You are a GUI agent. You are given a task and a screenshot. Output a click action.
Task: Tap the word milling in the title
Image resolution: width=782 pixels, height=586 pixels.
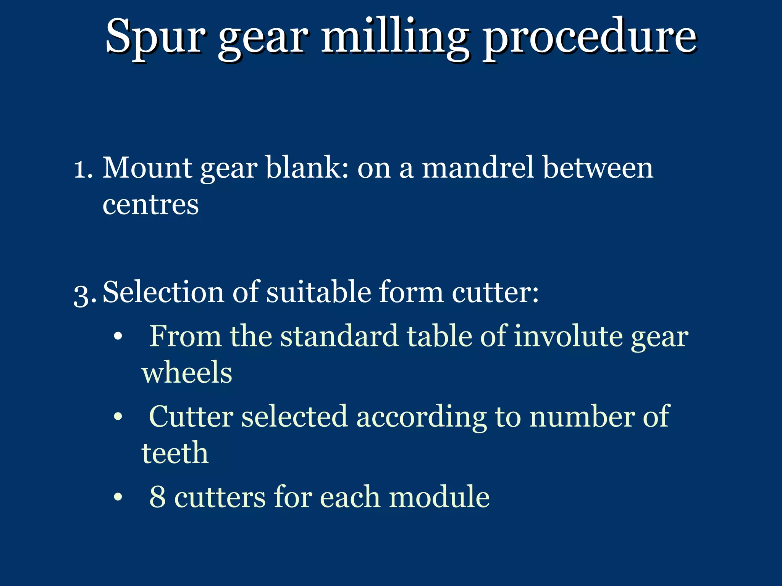tap(395, 38)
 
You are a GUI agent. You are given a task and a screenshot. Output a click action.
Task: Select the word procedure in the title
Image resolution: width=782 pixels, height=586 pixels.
tap(590, 38)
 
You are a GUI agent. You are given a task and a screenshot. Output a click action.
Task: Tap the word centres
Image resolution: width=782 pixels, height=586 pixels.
tap(150, 205)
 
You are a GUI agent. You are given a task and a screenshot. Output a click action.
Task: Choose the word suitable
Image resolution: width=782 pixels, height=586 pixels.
tap(318, 292)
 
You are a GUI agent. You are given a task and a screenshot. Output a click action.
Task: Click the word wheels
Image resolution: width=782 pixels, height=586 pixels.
tap(187, 373)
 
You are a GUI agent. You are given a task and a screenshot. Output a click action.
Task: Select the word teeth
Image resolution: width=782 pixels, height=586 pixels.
tap(175, 453)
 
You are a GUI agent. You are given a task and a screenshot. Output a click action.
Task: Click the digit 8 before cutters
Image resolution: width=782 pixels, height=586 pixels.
tap(157, 497)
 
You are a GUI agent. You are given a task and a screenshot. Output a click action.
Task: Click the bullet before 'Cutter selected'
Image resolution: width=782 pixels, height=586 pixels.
tap(118, 417)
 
